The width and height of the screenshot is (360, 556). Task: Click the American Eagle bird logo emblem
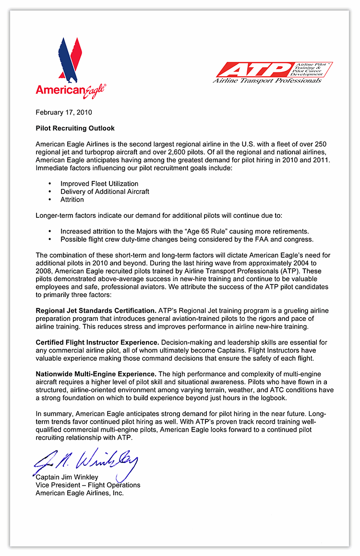point(70,58)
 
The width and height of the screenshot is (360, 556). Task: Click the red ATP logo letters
point(254,70)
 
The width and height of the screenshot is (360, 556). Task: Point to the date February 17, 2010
point(63,113)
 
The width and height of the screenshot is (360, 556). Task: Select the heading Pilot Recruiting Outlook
point(75,129)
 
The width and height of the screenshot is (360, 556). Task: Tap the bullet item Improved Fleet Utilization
point(99,184)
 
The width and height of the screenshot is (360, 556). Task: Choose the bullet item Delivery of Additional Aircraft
point(105,191)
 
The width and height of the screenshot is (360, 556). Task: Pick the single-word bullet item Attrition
point(72,199)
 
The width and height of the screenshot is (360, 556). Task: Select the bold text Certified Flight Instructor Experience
point(97,342)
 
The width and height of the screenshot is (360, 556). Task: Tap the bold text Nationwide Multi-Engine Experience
point(96,374)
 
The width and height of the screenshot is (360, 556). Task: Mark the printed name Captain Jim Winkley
point(67,477)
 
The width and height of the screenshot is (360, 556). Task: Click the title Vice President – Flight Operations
point(88,485)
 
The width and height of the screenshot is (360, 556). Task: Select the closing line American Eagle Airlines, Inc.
point(80,493)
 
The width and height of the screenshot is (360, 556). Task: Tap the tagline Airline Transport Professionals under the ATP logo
point(267,81)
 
